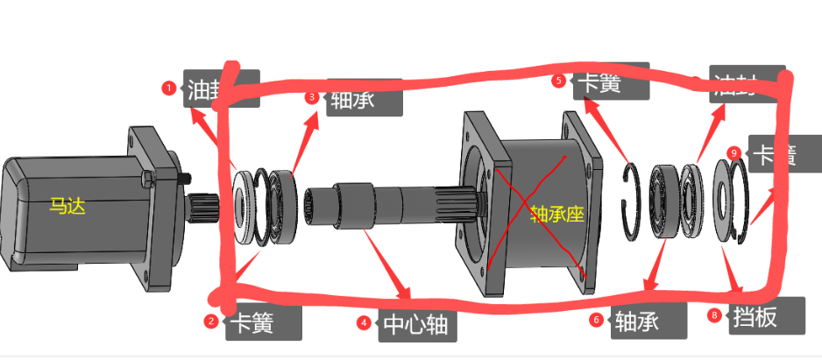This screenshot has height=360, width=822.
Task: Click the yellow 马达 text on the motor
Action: tap(67, 207)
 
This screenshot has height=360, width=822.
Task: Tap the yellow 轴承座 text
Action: tap(556, 213)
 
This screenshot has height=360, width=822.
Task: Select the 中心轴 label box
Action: tap(415, 325)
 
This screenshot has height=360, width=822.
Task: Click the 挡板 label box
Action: tap(754, 316)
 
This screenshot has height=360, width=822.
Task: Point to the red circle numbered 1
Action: tap(169, 88)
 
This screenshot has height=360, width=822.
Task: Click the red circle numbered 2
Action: tap(210, 321)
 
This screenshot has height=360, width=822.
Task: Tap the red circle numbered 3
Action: tap(311, 97)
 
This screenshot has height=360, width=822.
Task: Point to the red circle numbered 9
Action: tap(734, 153)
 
